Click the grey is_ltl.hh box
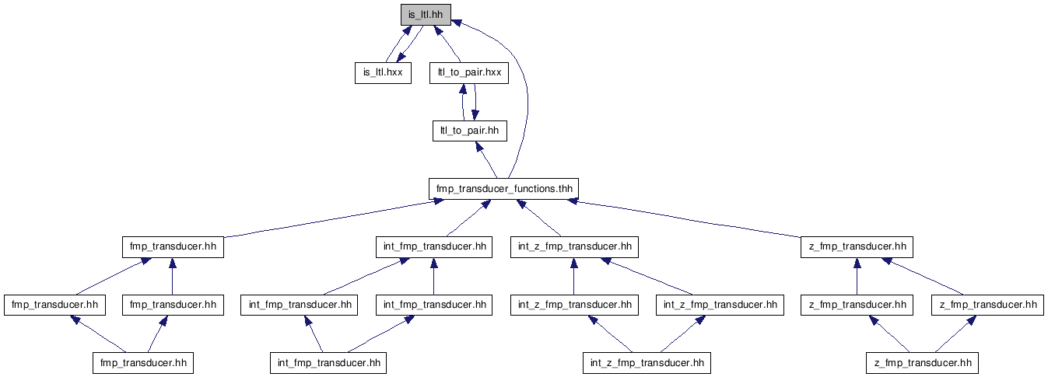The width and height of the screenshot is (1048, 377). coord(426,15)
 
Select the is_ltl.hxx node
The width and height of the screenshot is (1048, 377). coord(383,73)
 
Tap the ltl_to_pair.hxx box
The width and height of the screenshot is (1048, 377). coord(469,73)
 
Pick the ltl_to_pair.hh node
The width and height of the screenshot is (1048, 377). coord(470,131)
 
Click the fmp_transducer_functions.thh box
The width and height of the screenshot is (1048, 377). coord(504,189)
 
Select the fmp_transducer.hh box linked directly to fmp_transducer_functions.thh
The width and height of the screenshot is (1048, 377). coord(173,246)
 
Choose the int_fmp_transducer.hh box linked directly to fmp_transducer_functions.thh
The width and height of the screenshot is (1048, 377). coord(434,246)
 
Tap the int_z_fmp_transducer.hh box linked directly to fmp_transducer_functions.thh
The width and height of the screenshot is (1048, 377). coord(574,246)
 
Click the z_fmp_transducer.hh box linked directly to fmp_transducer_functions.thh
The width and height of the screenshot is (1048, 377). coord(857,246)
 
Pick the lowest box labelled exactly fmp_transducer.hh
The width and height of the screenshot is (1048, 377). coord(143,363)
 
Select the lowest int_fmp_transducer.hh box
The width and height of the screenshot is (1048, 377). coord(328,363)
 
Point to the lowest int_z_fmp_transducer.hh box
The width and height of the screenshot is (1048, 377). coord(647,363)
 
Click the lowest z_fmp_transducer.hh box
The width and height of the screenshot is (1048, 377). coord(923,363)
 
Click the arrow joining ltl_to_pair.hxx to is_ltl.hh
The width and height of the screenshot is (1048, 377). coord(447,44)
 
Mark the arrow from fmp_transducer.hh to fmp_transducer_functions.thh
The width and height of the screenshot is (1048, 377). coord(330,218)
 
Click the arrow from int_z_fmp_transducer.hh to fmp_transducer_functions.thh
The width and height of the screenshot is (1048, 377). coord(538,218)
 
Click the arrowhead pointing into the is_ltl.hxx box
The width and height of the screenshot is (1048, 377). coord(401,57)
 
